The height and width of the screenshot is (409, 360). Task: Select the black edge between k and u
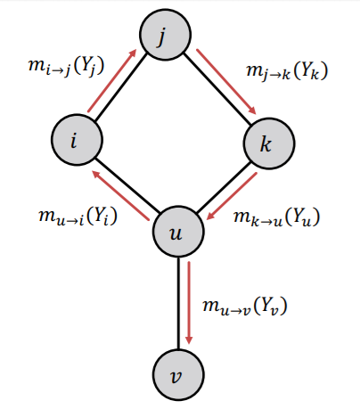click(x=221, y=189)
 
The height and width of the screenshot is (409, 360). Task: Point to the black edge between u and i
click(x=128, y=189)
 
